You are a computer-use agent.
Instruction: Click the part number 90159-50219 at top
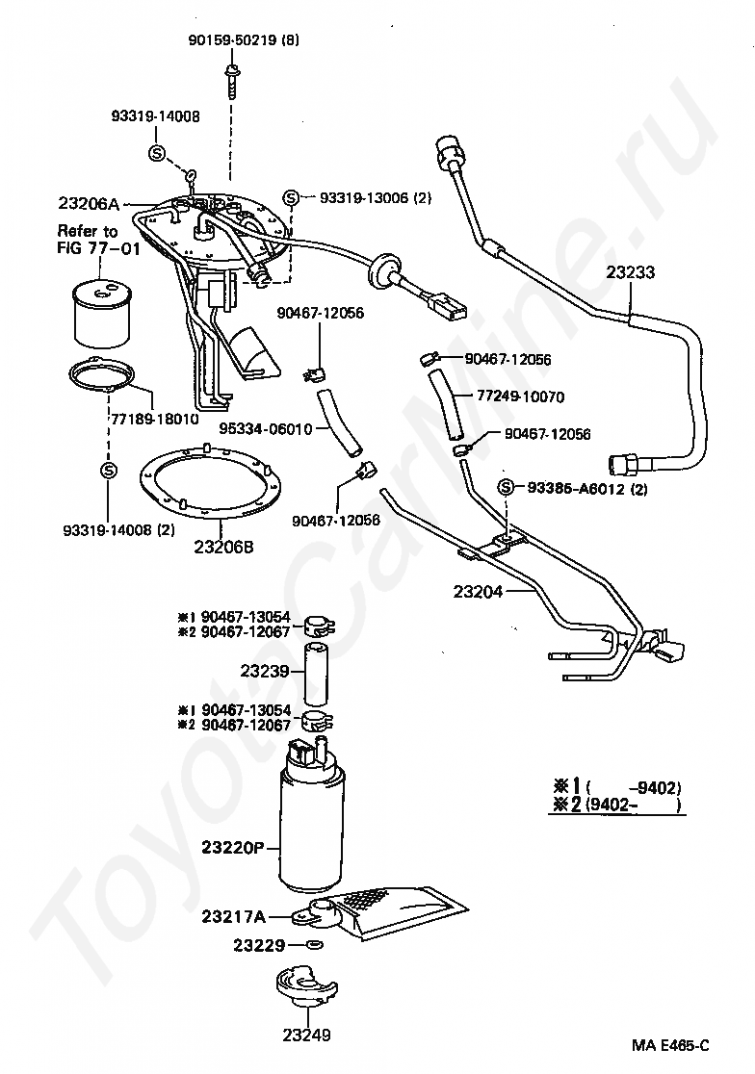tap(233, 40)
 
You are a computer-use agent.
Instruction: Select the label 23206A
tap(89, 203)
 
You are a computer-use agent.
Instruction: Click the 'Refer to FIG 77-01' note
tap(98, 239)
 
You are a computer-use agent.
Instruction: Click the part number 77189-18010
tap(155, 419)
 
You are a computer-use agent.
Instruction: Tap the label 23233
tap(631, 272)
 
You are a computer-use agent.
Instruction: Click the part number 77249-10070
tap(521, 396)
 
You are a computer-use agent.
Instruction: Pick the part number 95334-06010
tap(266, 429)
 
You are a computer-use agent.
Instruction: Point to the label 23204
tap(478, 591)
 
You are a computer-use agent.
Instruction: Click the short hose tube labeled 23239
tap(316, 675)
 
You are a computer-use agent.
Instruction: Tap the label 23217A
tap(234, 916)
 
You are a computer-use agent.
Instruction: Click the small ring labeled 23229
tap(315, 945)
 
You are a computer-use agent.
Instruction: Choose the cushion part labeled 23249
tap(305, 993)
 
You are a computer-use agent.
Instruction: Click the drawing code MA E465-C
tap(670, 1046)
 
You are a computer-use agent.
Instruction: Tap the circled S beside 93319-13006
tap(291, 198)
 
